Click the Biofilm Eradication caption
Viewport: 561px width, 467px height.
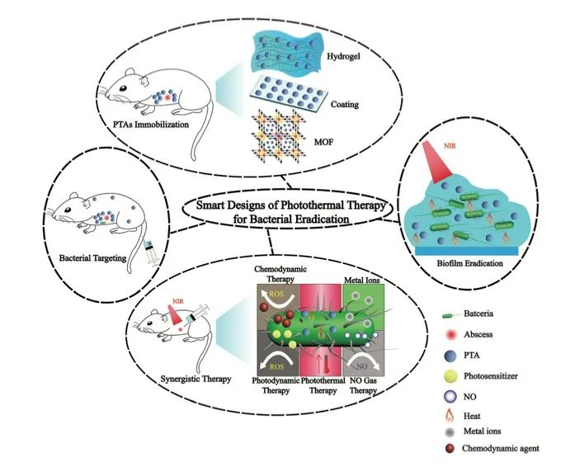pos(457,265)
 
